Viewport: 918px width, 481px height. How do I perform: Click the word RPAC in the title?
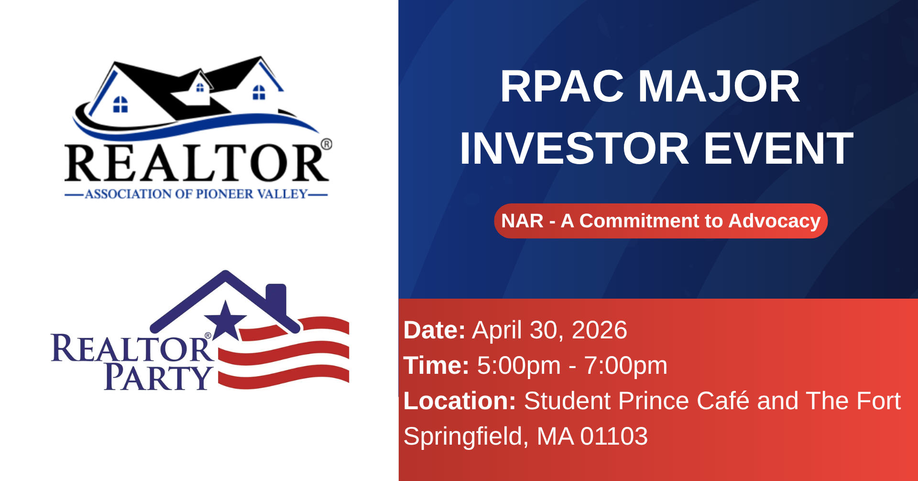point(562,87)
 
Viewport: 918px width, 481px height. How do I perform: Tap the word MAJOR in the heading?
point(719,87)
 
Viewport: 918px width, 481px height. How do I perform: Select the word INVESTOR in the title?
point(574,148)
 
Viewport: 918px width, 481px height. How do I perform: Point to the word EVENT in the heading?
point(779,148)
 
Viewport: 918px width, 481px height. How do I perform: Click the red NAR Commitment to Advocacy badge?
point(661,221)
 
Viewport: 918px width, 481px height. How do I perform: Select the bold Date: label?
point(434,330)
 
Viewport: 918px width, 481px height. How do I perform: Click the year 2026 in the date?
point(600,330)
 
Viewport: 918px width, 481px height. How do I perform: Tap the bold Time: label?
point(436,366)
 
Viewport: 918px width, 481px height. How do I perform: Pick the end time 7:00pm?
point(626,366)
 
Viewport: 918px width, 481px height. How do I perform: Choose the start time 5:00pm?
point(519,366)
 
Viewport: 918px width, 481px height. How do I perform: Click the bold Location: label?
point(459,401)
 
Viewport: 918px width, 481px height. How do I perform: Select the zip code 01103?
point(614,436)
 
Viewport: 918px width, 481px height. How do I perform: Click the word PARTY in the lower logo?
point(158,378)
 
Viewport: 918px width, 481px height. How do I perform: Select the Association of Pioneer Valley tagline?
point(196,194)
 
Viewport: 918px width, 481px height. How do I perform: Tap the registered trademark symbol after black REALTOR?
point(326,145)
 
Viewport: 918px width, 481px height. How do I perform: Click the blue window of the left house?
point(120,104)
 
